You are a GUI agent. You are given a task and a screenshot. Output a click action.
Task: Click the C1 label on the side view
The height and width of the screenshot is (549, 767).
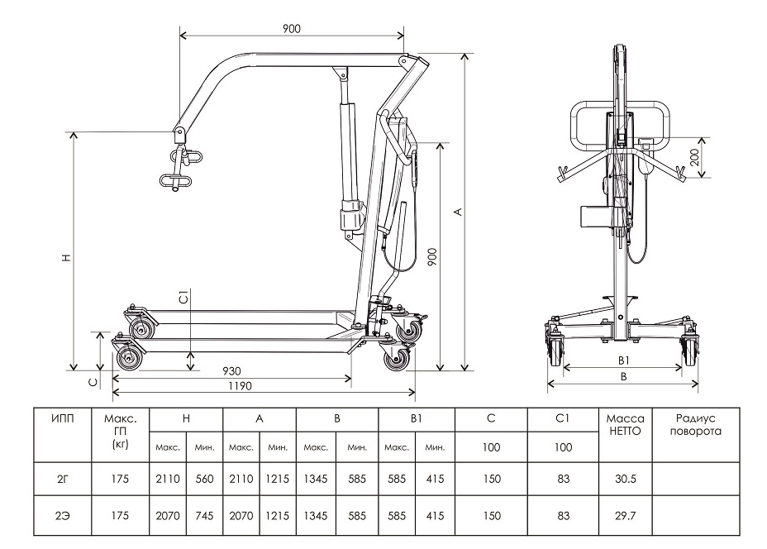coord(185,296)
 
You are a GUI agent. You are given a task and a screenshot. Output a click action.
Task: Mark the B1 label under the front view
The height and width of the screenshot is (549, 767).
coord(624,360)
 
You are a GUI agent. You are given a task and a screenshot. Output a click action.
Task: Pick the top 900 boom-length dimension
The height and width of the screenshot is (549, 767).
coord(290,28)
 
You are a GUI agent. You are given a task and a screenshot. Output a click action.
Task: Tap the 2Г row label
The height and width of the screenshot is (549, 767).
coord(62,477)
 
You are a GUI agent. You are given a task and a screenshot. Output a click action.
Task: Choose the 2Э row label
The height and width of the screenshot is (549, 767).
coord(62,515)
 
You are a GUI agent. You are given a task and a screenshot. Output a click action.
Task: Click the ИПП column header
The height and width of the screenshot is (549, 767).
coord(62,419)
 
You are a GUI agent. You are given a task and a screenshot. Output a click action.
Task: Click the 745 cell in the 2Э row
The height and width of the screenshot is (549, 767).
coord(204,515)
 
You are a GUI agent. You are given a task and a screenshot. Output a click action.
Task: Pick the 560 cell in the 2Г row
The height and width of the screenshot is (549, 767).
coord(204,477)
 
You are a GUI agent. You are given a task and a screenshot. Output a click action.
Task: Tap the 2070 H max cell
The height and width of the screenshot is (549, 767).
coord(168,515)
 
